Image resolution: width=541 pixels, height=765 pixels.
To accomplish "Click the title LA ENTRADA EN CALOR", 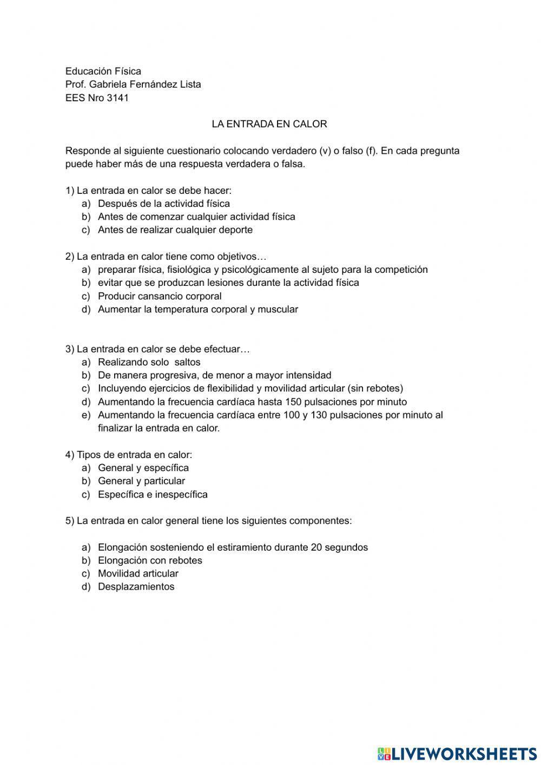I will click(269, 124).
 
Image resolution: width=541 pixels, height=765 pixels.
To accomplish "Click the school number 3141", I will click(118, 98).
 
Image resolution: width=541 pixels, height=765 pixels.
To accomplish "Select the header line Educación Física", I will click(103, 71).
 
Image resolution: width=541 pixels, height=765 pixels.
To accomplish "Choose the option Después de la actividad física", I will click(163, 204).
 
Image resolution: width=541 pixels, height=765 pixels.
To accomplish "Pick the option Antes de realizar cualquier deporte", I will click(175, 230).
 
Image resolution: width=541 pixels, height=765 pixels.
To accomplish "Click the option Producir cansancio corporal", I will click(160, 296).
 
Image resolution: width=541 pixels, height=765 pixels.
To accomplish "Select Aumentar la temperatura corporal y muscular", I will click(197, 309).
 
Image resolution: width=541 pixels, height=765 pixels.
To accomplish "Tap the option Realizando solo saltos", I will click(149, 362).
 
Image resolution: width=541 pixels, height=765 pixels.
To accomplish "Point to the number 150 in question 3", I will click(293, 402).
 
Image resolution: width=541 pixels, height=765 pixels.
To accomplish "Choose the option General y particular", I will click(141, 481).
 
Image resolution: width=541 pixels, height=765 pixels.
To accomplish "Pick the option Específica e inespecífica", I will click(153, 494).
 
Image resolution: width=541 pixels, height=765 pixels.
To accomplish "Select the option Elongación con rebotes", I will click(150, 560).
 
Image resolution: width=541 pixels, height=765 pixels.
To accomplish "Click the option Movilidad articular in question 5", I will click(138, 573).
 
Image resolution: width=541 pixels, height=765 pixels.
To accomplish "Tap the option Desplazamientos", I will click(136, 587).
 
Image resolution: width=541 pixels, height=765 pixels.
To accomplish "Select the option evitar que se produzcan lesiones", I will click(228, 283).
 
